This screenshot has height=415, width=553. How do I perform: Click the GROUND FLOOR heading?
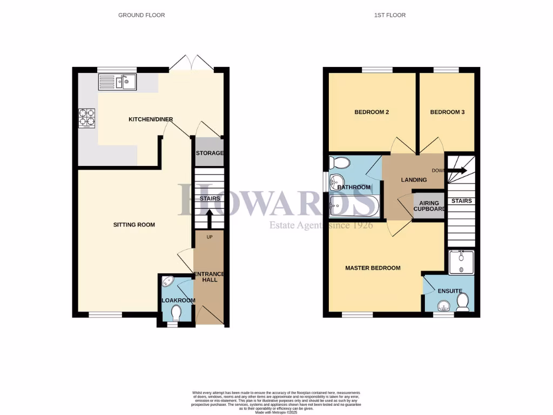tap(141, 15)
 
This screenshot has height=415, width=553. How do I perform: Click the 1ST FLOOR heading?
tap(389, 15)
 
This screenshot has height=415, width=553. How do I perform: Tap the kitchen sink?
tap(117, 82)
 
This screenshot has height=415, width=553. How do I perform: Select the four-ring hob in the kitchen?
tap(87, 118)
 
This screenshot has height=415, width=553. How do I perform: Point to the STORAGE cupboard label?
tap(209, 153)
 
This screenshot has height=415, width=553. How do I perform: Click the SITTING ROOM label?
tap(134, 225)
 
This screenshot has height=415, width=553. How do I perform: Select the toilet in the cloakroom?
tap(176, 312)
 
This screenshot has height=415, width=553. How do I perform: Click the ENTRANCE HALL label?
tap(209, 276)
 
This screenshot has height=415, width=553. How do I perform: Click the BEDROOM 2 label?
tap(372, 112)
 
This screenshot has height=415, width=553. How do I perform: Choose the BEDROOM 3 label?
tap(447, 112)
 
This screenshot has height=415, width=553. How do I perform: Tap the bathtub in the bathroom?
tap(354, 205)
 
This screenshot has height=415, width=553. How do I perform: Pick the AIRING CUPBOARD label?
tap(429, 206)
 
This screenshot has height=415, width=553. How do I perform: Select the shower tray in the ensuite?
tap(461, 262)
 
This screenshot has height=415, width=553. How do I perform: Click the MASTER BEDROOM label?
tap(373, 268)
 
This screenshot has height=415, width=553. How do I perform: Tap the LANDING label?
tap(414, 180)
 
